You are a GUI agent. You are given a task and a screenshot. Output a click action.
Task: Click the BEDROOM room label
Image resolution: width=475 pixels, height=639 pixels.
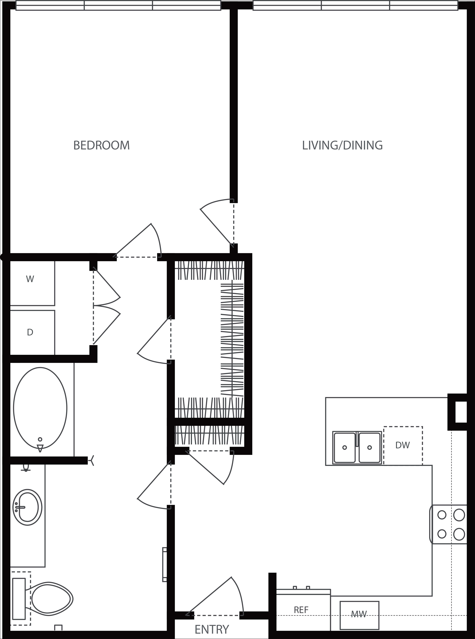[x=102, y=145]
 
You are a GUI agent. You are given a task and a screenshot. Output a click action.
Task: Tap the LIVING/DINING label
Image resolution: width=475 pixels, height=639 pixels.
[x=342, y=145]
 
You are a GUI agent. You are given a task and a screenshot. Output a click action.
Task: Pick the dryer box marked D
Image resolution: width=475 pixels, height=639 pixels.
[x=30, y=332]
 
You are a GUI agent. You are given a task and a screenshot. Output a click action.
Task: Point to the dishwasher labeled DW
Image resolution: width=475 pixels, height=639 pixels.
[x=402, y=445]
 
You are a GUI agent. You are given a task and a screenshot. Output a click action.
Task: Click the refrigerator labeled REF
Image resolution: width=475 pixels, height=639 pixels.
[x=301, y=610]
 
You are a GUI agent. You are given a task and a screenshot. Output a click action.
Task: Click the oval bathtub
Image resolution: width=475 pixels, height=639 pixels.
[x=40, y=408]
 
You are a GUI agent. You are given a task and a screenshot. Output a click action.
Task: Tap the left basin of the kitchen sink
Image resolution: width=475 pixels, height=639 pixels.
[x=344, y=447]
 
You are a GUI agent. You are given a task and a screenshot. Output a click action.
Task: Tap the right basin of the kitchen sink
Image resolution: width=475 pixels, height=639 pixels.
[x=369, y=447]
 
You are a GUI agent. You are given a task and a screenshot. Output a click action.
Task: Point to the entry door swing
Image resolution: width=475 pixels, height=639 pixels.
[x=218, y=598]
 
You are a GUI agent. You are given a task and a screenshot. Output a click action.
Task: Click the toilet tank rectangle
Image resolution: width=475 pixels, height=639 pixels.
[x=19, y=598]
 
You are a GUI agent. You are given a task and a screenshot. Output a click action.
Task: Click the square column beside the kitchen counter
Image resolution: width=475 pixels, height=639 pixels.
[x=457, y=412]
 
